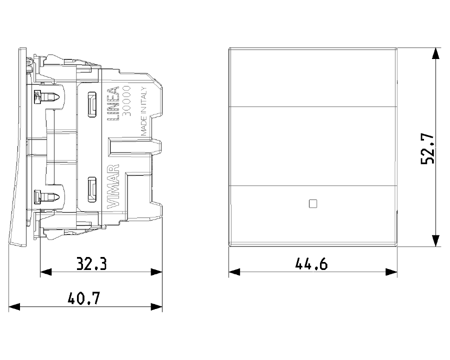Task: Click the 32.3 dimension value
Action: point(91,263)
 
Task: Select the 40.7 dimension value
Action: point(84,298)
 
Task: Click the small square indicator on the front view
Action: point(313,203)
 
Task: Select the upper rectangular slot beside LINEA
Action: point(92,105)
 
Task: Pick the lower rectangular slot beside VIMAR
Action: point(92,186)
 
